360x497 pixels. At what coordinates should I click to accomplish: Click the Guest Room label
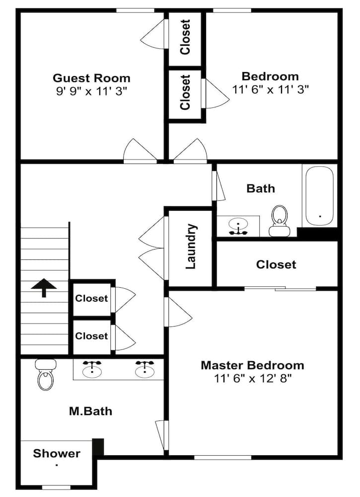point(91,78)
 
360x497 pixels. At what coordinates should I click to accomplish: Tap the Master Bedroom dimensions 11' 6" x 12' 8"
point(252,378)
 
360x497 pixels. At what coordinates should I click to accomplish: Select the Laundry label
point(191,247)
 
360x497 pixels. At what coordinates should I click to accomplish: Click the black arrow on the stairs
point(44,288)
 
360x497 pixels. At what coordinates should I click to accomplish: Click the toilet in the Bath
point(279,221)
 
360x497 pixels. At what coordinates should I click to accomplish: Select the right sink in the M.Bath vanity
point(144,368)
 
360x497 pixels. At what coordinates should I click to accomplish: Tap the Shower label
point(57,453)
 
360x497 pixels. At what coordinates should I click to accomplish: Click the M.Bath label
point(90,411)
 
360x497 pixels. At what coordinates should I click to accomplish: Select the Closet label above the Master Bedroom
point(276,264)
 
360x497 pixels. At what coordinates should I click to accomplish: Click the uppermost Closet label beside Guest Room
point(185,37)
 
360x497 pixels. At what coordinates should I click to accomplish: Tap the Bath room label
point(261,188)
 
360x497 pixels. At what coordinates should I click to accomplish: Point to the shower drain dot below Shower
point(57,465)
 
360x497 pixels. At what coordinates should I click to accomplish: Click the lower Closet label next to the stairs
point(91,336)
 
